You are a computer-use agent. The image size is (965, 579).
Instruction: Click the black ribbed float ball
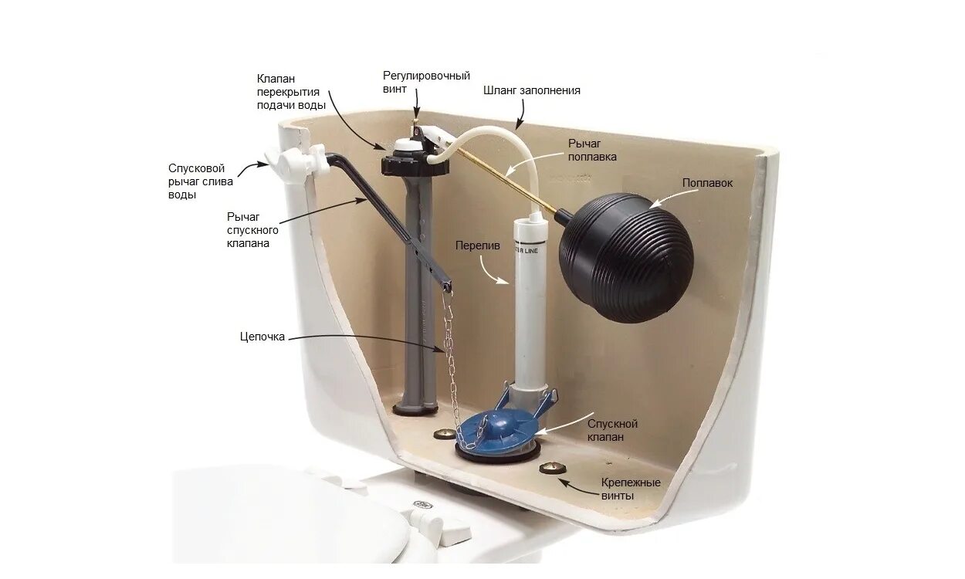tap(626, 247)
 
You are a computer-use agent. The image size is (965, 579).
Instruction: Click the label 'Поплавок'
tap(707, 184)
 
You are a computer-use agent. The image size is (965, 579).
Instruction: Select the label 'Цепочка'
tap(262, 337)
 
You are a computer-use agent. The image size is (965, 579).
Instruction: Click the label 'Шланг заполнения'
tap(532, 90)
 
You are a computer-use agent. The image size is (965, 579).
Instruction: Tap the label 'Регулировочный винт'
tap(426, 82)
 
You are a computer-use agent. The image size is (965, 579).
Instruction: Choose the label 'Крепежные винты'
tap(631, 489)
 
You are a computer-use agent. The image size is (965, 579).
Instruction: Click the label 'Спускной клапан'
tap(612, 430)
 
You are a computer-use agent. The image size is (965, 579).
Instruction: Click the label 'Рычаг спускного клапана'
tap(252, 230)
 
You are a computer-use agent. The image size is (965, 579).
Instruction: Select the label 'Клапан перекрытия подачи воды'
tap(291, 92)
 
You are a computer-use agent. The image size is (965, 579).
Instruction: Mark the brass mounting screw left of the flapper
tap(445, 433)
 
